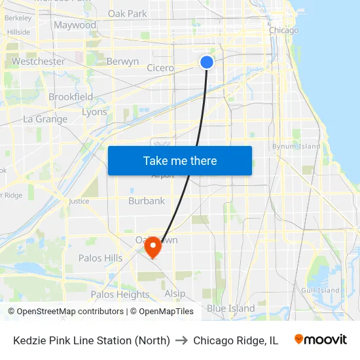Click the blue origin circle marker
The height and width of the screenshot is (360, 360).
click(207, 62)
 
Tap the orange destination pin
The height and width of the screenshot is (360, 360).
click(153, 247)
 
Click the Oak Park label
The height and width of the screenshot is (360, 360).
click(127, 13)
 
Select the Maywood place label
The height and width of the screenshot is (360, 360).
click(75, 25)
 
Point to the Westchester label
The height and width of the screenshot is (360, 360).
click(38, 62)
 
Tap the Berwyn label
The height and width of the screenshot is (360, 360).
click(122, 62)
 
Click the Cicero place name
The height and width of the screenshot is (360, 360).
click(160, 68)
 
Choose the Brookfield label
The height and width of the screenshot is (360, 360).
click(71, 97)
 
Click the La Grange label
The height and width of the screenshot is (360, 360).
click(45, 119)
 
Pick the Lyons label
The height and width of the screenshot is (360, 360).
click(94, 112)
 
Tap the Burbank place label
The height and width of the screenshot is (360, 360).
click(147, 201)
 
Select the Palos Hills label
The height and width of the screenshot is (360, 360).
click(100, 258)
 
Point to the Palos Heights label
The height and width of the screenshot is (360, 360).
click(120, 295)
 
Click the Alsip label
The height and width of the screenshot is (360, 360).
click(175, 293)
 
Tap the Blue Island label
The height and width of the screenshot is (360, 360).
click(230, 308)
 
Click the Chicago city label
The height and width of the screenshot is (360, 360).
click(283, 30)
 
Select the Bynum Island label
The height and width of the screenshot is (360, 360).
click(297, 146)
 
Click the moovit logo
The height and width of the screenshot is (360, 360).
click(320, 340)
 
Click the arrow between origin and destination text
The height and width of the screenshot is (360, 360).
click(181, 340)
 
